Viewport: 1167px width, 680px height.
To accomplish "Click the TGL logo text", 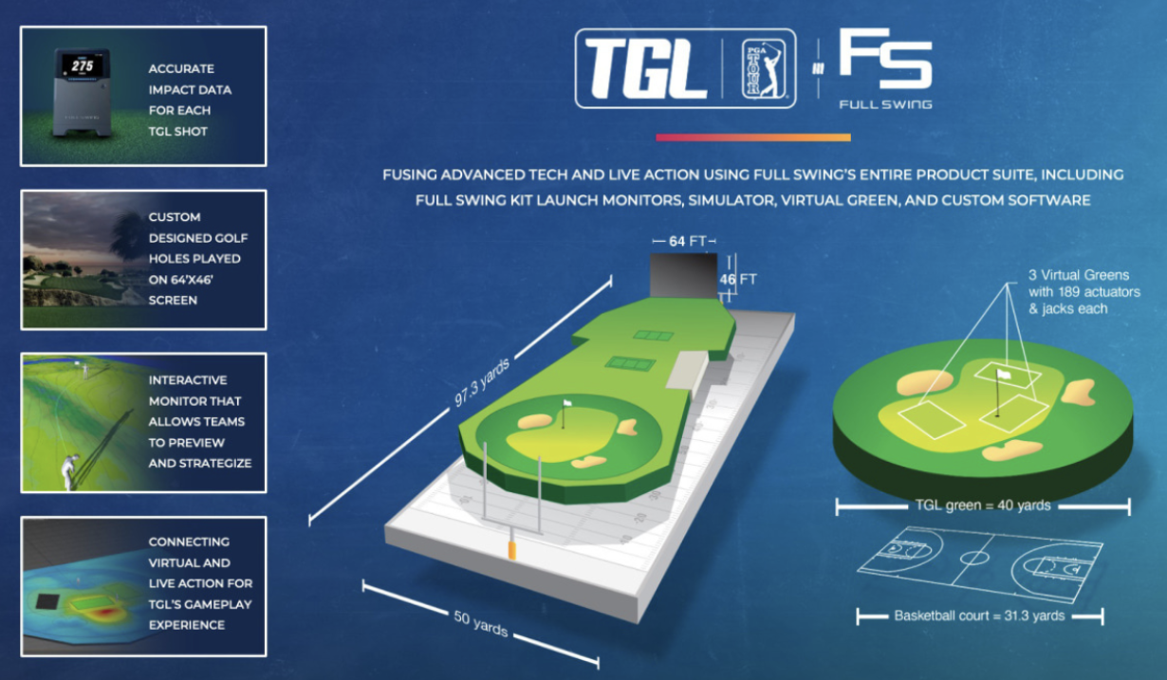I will click(x=645, y=69).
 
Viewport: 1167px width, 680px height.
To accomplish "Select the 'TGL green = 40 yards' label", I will click(x=982, y=505).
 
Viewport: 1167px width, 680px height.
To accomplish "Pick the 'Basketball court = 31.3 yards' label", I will click(x=979, y=616).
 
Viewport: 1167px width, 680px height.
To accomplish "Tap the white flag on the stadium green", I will click(x=567, y=404).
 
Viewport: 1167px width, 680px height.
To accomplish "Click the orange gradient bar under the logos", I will click(x=752, y=138).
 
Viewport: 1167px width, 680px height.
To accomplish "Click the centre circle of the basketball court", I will click(x=973, y=557).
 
